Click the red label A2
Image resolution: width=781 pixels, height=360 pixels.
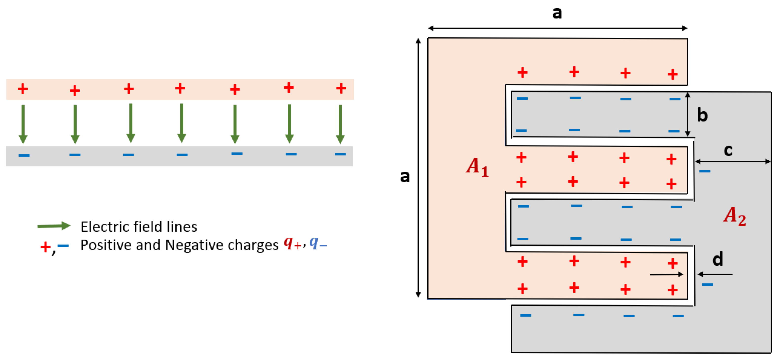coord(734,216)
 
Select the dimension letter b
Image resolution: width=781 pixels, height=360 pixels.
coord(702,115)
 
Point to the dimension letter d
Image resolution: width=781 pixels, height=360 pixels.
coord(718,259)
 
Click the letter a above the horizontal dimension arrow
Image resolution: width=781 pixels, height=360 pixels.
coord(557,13)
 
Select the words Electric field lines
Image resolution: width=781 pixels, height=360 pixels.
coord(139,227)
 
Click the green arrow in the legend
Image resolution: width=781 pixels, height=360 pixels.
coord(54,226)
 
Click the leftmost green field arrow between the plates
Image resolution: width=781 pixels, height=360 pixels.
coord(23,124)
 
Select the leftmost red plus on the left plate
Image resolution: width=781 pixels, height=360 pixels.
coord(23,89)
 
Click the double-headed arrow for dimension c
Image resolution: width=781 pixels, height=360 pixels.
coord(732,161)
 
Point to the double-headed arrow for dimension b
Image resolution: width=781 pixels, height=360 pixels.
coord(688,114)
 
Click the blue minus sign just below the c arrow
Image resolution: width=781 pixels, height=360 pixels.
coord(705,171)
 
